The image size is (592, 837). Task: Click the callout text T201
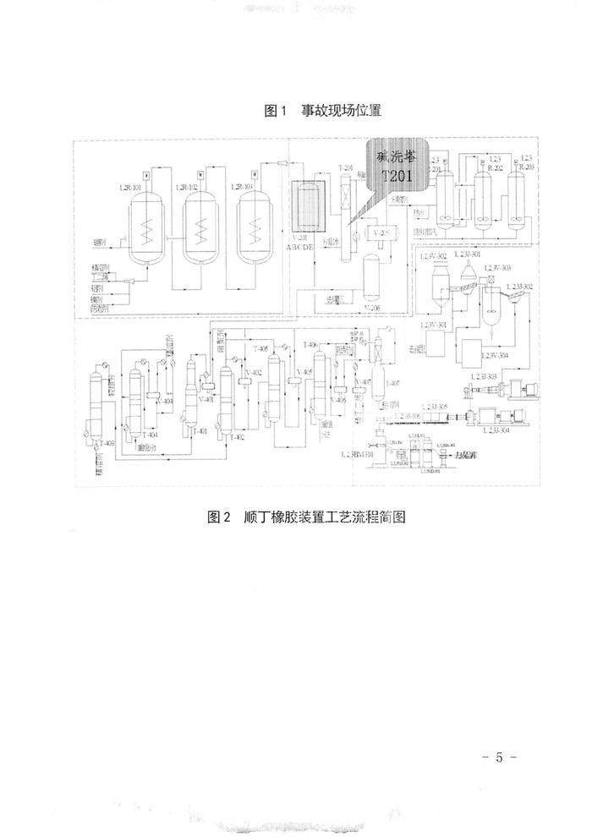[x=395, y=175]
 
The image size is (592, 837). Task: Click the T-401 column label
[x=200, y=431]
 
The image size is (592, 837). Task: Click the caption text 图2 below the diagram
[x=219, y=517]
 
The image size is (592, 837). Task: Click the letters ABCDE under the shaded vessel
[x=306, y=249]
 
